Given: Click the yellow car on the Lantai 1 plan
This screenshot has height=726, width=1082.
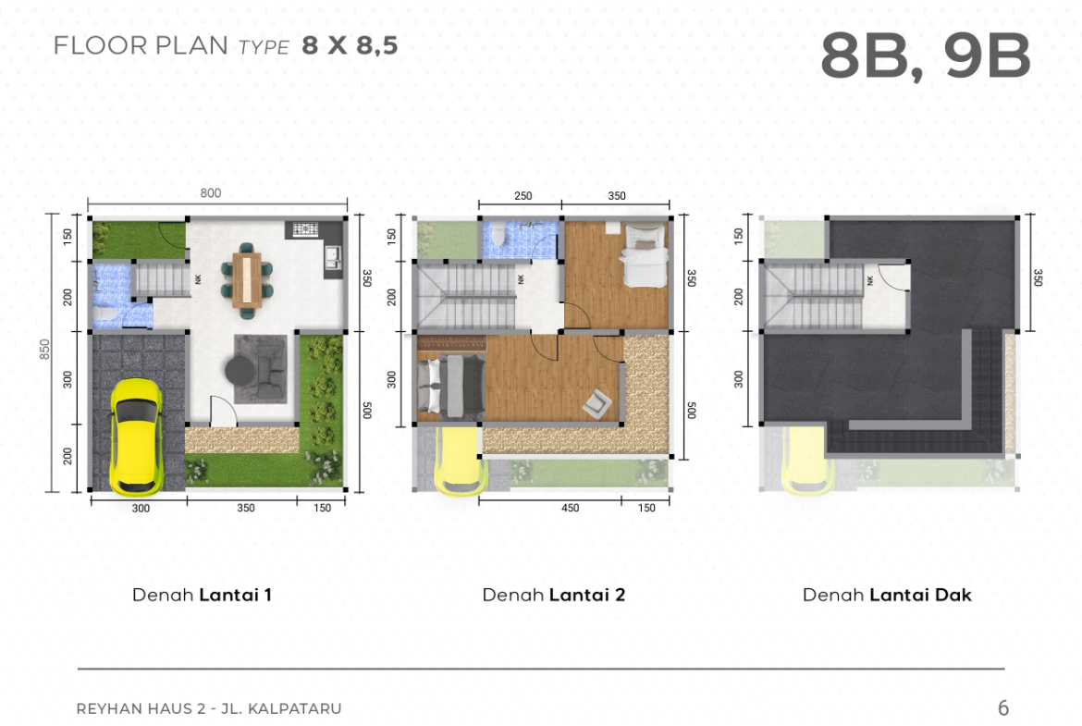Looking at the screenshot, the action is pos(137,437).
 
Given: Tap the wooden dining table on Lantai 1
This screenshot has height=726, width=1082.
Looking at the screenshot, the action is pos(246,279).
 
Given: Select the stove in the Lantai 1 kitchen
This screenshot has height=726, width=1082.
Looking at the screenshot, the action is pos(305,229).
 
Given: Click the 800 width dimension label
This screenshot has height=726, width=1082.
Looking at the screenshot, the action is pos(211,193).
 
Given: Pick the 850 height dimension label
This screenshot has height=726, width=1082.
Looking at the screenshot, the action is pos(45,349).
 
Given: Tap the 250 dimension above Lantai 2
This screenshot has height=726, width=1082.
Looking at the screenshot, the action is pos(523,196).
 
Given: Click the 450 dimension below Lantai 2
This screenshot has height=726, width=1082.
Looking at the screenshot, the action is pos(570,508).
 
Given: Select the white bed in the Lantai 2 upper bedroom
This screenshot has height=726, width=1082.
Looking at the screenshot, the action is pos(644,255).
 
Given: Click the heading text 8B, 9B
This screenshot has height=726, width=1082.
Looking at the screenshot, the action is pos(925,56).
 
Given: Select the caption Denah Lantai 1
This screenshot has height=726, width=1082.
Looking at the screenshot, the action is pos(202,595).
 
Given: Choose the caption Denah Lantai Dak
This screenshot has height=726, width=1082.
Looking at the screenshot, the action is pos(887,595).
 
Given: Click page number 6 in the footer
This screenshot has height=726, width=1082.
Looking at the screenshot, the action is pos(1003,708).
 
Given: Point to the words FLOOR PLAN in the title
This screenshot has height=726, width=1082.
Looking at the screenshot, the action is pos(140,45).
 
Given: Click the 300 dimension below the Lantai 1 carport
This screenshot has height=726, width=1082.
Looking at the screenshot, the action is pos(140,509).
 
